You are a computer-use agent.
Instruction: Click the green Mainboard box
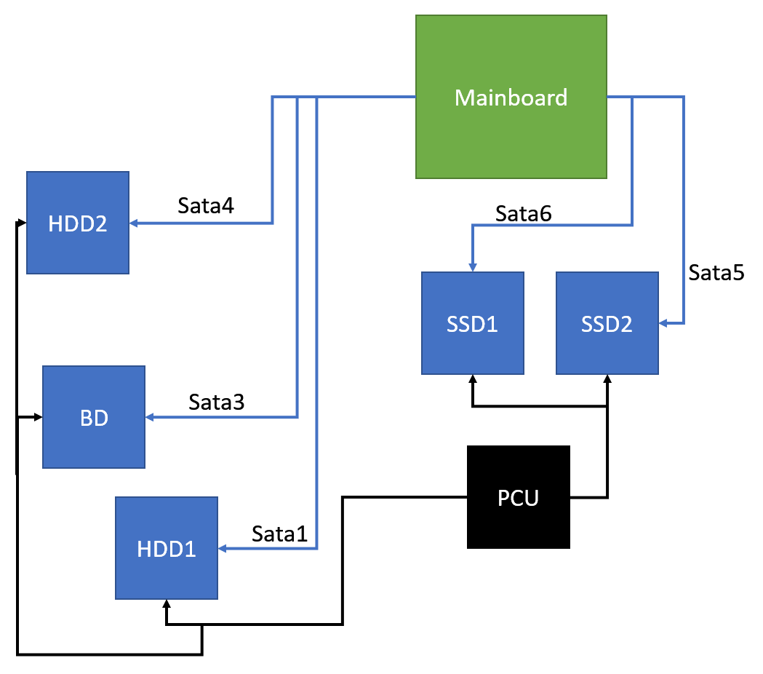pyautogui.click(x=511, y=97)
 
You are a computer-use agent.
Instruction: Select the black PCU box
pyautogui.click(x=518, y=497)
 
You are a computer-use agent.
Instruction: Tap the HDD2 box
pyautogui.click(x=78, y=223)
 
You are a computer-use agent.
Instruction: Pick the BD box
pyautogui.click(x=94, y=417)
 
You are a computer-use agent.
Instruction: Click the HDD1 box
pyautogui.click(x=167, y=548)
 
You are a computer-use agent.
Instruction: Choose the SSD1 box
pyautogui.click(x=473, y=323)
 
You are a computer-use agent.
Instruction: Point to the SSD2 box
pyautogui.click(x=607, y=323)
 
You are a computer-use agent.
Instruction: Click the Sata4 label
pyautogui.click(x=206, y=206)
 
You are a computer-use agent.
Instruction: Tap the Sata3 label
pyautogui.click(x=216, y=402)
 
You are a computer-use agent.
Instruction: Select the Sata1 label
pyautogui.click(x=280, y=534)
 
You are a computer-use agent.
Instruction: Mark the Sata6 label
pyautogui.click(x=524, y=213)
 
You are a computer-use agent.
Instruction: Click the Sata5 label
pyautogui.click(x=716, y=273)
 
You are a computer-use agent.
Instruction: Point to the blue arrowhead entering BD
pyautogui.click(x=150, y=417)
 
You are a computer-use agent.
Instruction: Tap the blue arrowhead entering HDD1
pyautogui.click(x=223, y=548)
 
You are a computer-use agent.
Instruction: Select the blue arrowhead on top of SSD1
pyautogui.click(x=473, y=267)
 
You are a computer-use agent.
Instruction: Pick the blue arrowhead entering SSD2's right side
pyautogui.click(x=663, y=322)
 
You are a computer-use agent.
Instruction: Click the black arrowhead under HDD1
pyautogui.click(x=167, y=604)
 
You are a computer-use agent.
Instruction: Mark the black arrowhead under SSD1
pyautogui.click(x=473, y=379)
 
